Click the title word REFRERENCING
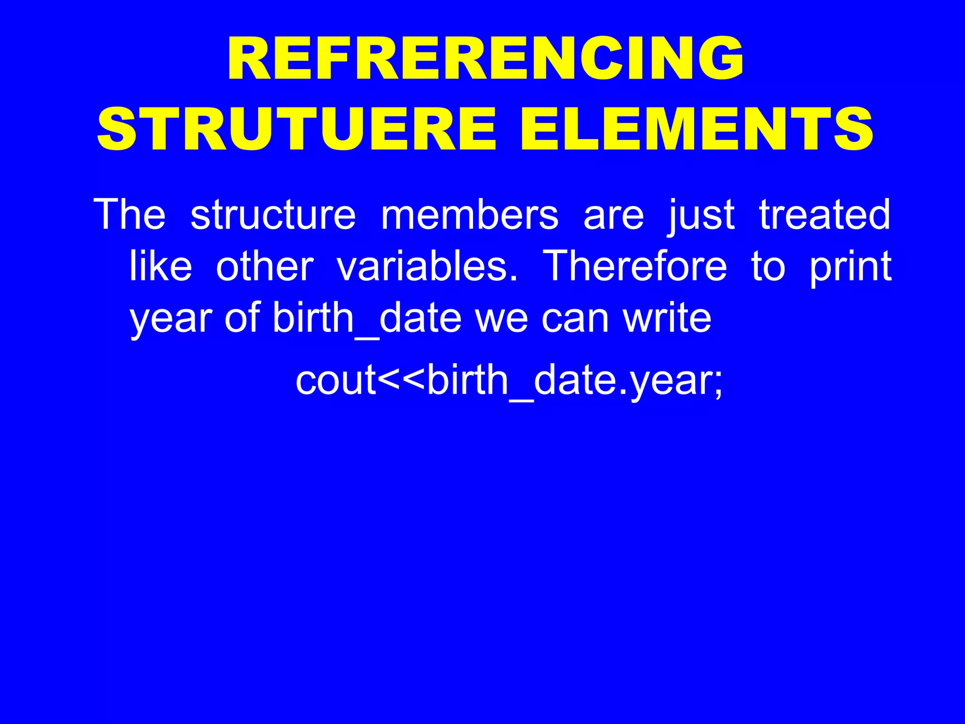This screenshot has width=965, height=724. click(x=485, y=59)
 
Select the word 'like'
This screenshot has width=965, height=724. click(x=161, y=266)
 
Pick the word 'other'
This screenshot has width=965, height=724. click(x=265, y=266)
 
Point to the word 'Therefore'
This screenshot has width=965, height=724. click(x=635, y=266)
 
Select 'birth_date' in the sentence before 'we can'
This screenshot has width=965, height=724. click(x=367, y=319)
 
